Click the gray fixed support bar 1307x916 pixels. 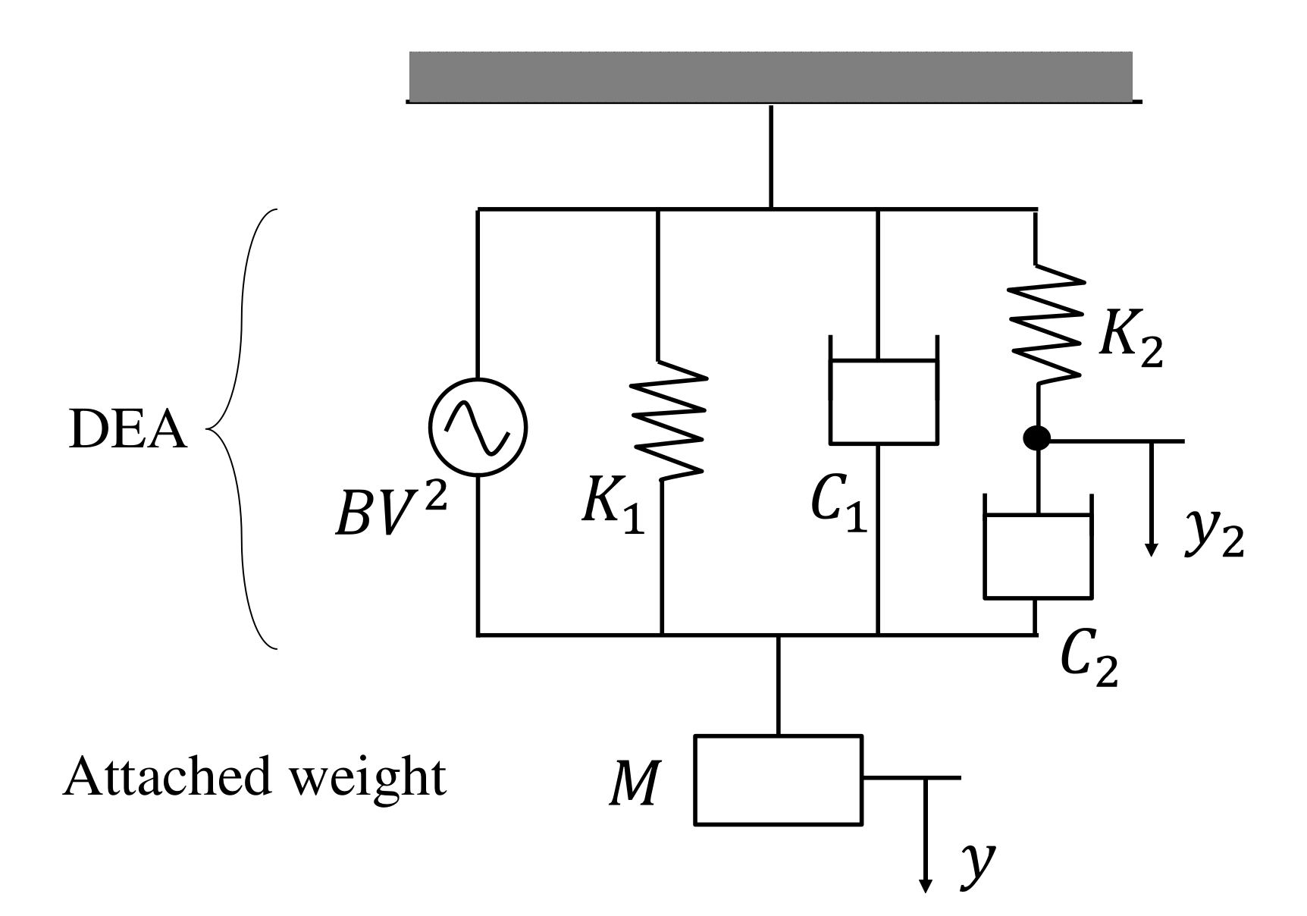click(770, 76)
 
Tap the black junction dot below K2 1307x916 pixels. click(1036, 438)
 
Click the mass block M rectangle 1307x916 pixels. click(779, 778)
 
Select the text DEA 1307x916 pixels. click(127, 432)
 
